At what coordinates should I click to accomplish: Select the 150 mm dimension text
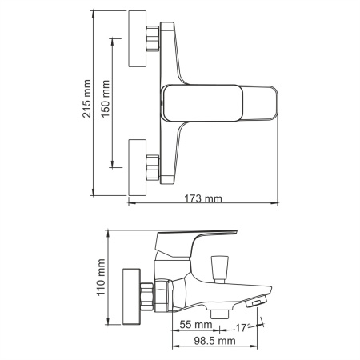click(x=105, y=102)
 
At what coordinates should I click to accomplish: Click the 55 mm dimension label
click(x=195, y=325)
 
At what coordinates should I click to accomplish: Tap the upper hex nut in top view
click(x=153, y=39)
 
